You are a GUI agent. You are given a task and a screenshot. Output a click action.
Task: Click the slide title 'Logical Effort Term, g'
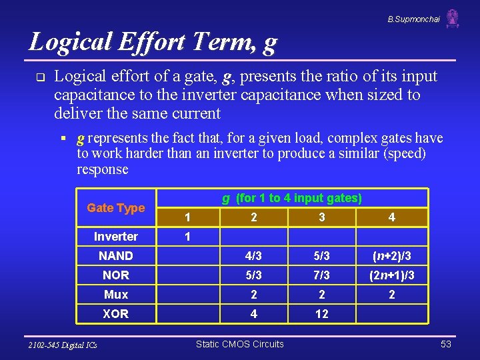tap(153, 42)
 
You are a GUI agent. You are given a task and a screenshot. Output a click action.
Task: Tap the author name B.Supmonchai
tap(413, 19)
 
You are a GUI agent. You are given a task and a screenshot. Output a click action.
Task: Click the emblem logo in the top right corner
tap(453, 19)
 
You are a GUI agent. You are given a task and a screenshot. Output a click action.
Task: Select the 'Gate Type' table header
tap(116, 208)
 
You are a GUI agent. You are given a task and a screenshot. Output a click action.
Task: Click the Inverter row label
tap(116, 237)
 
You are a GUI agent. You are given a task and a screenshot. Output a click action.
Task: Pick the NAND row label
tap(116, 256)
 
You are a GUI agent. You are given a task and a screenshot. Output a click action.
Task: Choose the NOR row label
tap(116, 275)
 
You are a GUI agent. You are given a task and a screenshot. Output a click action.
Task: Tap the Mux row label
tap(116, 295)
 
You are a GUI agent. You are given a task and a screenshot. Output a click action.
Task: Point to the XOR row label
tap(116, 314)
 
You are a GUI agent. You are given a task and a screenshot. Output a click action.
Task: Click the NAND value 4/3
tap(253, 256)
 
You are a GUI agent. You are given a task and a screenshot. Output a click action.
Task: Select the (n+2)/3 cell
tap(391, 256)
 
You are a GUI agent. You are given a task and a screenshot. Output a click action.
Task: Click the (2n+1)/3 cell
tap(391, 275)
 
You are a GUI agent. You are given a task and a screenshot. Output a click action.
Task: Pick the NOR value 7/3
tap(322, 275)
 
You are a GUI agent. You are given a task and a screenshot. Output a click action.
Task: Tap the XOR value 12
tap(322, 314)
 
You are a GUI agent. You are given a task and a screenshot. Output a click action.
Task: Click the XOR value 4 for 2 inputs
tap(253, 314)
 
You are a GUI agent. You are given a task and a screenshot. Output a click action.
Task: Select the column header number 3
tap(322, 217)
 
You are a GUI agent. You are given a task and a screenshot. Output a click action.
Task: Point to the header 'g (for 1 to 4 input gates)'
tap(292, 198)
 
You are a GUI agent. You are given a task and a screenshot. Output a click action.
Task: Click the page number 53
tap(446, 344)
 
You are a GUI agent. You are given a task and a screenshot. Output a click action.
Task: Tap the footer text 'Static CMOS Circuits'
tap(239, 344)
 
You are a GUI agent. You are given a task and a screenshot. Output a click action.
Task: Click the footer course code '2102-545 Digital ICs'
tap(63, 345)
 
